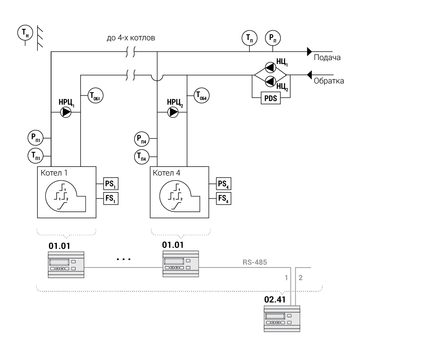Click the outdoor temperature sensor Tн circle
tap(25, 33)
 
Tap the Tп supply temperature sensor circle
tap(249, 37)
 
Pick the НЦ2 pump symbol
tap(270, 81)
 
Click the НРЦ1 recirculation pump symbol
tap(66, 113)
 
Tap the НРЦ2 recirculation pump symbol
tap(173, 113)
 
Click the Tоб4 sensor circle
tap(201, 96)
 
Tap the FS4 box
tap(223, 199)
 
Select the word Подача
tap(327, 58)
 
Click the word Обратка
tap(329, 81)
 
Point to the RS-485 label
tap(255, 262)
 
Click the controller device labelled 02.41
tap(282, 319)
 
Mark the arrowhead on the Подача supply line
tap(309, 51)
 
